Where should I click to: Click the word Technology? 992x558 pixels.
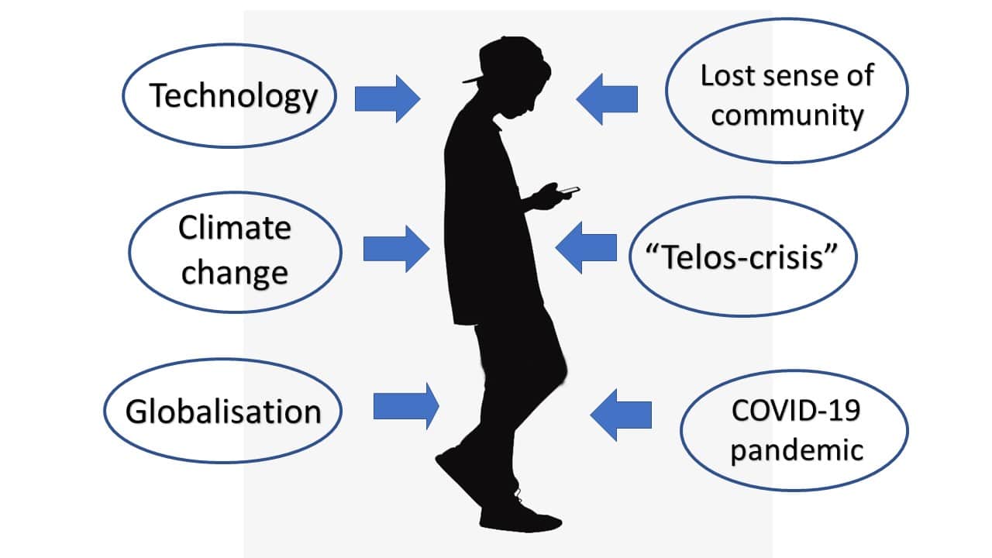233,96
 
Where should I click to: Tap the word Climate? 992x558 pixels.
234,228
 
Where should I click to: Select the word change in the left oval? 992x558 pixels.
235,273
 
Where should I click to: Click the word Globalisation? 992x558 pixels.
223,412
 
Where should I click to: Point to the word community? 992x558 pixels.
787,115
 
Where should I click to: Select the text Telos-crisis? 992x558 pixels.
742,257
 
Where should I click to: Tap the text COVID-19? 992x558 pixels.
796,411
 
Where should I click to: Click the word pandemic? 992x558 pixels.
797,451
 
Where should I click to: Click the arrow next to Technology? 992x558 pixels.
387,98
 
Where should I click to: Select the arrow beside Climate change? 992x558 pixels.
396,249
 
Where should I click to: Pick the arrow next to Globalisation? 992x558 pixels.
406,406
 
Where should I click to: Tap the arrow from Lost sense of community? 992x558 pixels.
607,99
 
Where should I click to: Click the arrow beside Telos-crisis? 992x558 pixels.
586,247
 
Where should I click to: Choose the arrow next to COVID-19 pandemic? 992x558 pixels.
621,415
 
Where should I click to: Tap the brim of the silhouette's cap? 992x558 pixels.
473,80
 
